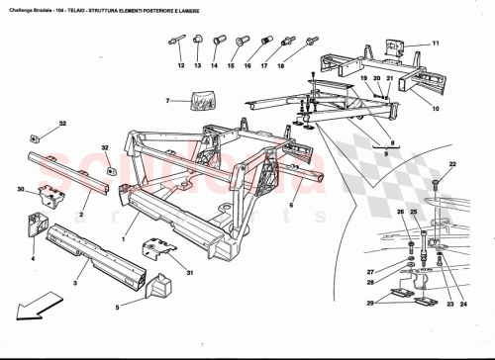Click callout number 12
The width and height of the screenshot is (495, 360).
(x=181, y=66)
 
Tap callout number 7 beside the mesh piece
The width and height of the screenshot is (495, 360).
(x=169, y=100)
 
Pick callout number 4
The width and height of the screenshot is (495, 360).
(x=32, y=259)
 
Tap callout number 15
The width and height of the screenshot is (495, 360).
(x=231, y=66)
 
